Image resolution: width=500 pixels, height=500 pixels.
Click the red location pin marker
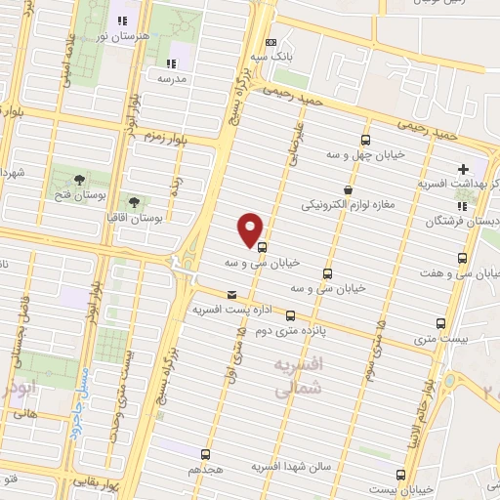[x=251, y=229]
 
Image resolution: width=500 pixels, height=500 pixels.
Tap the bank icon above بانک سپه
[x=271, y=42]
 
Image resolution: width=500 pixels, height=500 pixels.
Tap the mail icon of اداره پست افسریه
[x=231, y=294]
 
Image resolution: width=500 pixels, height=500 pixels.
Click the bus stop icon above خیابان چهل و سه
[x=365, y=140]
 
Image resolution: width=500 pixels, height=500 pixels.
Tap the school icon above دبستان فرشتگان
[x=462, y=206]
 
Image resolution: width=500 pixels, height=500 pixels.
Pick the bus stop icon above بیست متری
[x=441, y=322]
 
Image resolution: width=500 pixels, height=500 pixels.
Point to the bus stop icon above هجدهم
[x=205, y=454]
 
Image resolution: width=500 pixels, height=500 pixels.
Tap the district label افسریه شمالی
[x=300, y=376]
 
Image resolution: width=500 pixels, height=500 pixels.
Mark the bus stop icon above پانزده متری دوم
[x=326, y=273]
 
